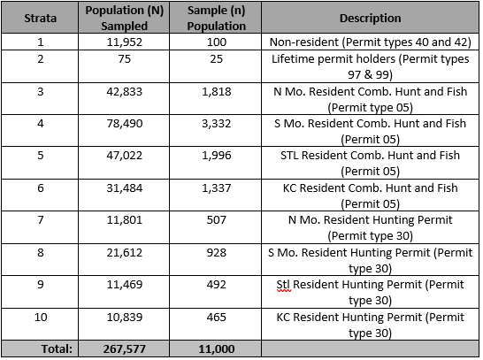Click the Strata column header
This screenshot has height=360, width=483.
41,19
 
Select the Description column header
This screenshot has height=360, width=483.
371,19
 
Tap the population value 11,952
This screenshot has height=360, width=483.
125,42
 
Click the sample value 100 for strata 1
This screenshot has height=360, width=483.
217,42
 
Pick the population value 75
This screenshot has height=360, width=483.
125,58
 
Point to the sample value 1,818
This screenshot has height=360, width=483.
217,92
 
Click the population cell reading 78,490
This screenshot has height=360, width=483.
125,124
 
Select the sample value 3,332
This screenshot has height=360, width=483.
217,124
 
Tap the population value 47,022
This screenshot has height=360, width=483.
125,156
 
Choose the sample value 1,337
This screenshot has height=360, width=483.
217,188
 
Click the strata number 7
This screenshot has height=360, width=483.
41,220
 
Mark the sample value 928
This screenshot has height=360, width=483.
217,253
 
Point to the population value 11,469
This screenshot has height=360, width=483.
125,285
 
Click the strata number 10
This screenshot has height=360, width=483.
41,318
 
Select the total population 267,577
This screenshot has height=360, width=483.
125,349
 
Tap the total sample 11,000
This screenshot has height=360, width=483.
217,349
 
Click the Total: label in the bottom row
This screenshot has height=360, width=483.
57,349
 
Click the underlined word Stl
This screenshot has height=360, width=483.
283,285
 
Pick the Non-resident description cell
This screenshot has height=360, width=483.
371,42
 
